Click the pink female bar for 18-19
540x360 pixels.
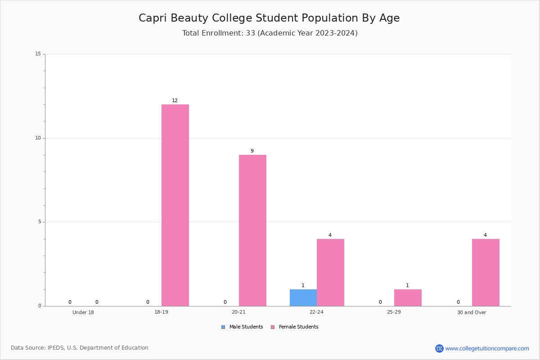[175, 205]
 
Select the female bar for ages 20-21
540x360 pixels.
[252, 230]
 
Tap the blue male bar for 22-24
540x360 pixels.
[303, 298]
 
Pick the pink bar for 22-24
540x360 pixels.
[330, 272]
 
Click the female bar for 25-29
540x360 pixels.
[408, 298]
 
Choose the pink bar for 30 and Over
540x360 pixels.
[486, 272]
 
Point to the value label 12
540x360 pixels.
[175, 100]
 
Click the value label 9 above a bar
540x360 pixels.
[252, 151]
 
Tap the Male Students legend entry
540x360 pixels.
[242, 327]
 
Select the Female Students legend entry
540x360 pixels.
[295, 327]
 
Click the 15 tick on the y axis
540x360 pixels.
[38, 54]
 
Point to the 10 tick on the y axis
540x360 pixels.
[38, 138]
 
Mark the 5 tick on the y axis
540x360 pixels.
[40, 222]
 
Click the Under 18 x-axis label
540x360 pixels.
[83, 312]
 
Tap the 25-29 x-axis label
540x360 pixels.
[394, 312]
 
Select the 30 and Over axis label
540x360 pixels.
[472, 312]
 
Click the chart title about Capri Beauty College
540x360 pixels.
[269, 18]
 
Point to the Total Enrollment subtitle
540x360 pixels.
[270, 33]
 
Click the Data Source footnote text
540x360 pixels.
[80, 348]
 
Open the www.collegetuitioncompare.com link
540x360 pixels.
[487, 348]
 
